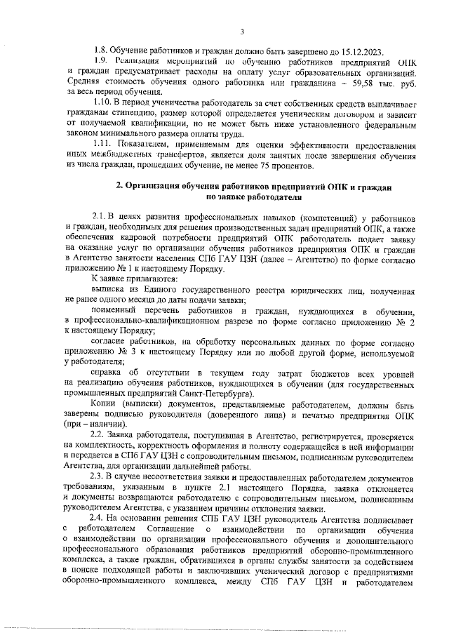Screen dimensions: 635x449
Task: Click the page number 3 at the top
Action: coord(241,31)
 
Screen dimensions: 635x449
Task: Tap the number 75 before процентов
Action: coord(264,167)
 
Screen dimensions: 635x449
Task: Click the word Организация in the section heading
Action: coord(158,187)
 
